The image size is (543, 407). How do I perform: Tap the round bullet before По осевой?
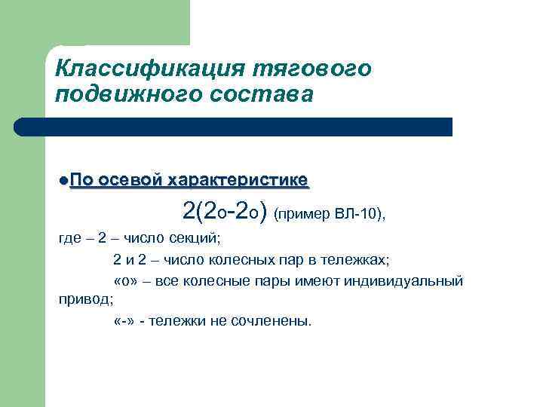[63, 181]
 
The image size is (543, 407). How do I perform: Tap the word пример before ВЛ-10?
[304, 214]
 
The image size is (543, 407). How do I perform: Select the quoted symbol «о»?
[124, 281]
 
